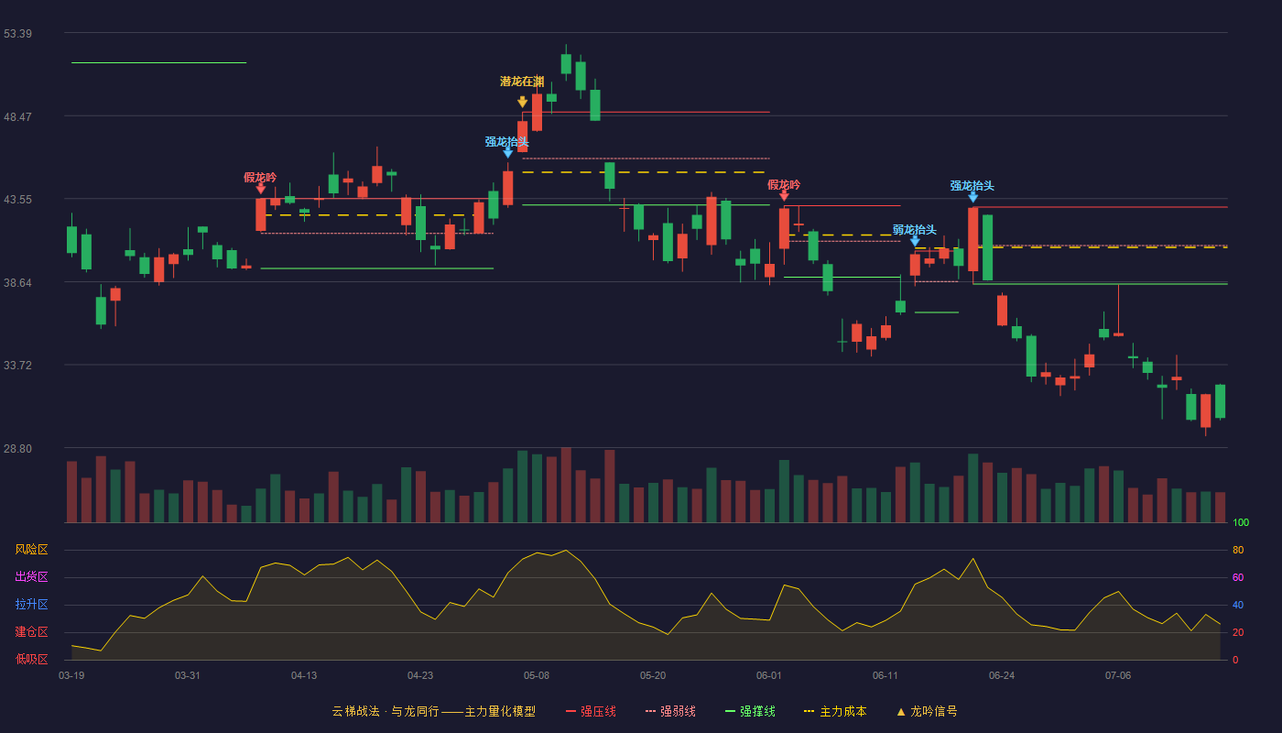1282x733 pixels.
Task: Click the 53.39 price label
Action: coord(17,34)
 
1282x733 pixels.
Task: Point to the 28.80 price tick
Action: coord(17,449)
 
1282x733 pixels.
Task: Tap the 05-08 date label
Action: coord(537,676)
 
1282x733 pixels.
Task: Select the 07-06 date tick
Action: coord(1118,676)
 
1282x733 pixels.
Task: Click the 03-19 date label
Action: coord(71,676)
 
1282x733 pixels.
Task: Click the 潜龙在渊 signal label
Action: coord(522,82)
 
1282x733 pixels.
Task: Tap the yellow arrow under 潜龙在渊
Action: coord(522,102)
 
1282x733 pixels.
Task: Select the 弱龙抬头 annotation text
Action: coord(915,230)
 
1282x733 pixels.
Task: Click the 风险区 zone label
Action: coord(31,550)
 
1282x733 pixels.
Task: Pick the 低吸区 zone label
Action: coord(31,660)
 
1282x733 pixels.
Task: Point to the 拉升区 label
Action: coord(31,605)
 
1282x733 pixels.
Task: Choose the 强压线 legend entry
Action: coord(591,712)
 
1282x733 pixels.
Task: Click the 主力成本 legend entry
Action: coord(835,712)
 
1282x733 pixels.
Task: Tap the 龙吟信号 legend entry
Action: coord(927,712)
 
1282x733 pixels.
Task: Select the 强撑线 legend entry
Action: coord(750,712)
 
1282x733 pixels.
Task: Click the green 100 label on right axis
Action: coord(1241,523)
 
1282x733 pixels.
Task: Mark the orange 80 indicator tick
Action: coord(1238,551)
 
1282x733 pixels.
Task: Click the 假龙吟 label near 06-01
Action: coord(784,185)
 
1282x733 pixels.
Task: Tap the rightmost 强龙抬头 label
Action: coord(972,185)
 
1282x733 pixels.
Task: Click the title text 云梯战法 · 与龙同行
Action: coord(386,712)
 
